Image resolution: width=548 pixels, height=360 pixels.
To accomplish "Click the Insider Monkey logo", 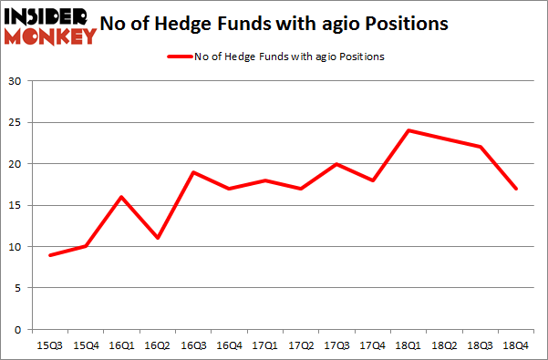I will tap(49, 25).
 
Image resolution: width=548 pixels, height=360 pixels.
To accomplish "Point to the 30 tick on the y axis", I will tap(16, 81).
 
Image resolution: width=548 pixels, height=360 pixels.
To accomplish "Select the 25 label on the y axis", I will tap(16, 123).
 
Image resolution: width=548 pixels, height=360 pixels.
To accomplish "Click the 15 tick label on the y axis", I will tap(16, 205).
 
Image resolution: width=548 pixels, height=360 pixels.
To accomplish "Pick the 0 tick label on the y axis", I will tap(18, 329).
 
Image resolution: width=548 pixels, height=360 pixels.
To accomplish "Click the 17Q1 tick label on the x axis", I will tap(264, 347).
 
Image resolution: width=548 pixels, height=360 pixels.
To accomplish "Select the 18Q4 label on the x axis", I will tap(515, 347).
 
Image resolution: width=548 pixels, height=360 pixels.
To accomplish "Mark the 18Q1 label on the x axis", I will tap(408, 347).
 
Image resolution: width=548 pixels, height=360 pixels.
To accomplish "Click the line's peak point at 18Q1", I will tap(408, 130).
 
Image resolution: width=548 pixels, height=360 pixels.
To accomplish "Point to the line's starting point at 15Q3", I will tap(49, 254).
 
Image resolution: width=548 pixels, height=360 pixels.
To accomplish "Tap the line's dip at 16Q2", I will tap(157, 238).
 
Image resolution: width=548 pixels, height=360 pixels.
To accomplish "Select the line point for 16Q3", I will tap(192, 172).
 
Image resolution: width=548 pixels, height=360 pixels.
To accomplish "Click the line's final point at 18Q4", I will tap(515, 189).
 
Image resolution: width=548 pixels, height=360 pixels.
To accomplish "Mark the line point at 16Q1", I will tap(120, 197).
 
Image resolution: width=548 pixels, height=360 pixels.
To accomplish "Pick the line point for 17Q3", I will tap(336, 164).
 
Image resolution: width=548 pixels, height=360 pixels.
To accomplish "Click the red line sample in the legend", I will tap(179, 57).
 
